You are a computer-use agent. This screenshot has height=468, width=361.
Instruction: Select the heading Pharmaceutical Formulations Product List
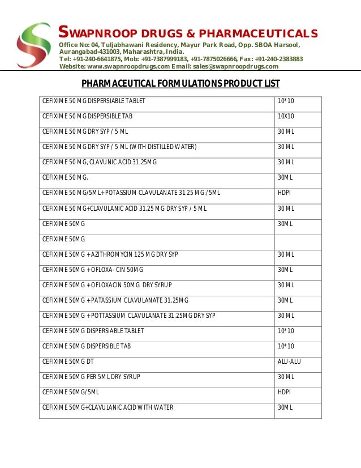tap(180, 84)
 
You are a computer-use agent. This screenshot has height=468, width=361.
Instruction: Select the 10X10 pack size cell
tap(286, 116)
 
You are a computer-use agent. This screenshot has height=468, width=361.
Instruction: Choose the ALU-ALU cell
tap(289, 361)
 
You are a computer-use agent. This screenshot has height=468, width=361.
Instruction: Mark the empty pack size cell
tap(298, 239)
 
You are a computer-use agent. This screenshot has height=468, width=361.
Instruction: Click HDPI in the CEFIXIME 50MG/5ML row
tap(284, 392)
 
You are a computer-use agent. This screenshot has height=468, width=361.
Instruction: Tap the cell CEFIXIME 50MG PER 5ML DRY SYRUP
tap(91, 376)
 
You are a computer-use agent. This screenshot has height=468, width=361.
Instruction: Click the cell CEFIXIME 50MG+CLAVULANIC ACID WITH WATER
tap(108, 407)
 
